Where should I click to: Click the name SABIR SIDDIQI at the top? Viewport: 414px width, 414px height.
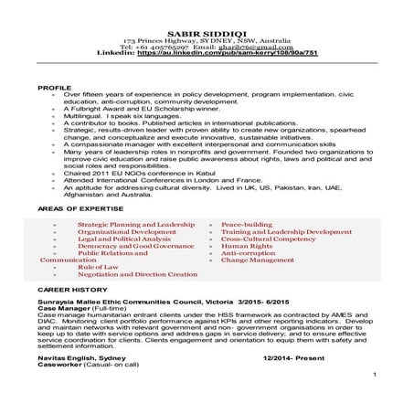point(206,8)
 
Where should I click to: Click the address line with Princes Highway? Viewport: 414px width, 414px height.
point(206,16)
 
